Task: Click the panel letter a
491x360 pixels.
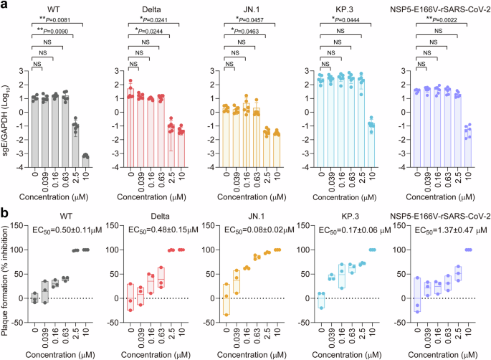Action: (5, 6)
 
